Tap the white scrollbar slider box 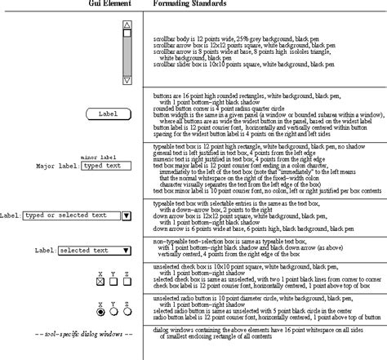click(x=127, y=34)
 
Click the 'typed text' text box click(x=107, y=166)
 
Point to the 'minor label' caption click(x=101, y=157)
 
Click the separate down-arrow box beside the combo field click(x=126, y=216)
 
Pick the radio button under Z click(x=127, y=311)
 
